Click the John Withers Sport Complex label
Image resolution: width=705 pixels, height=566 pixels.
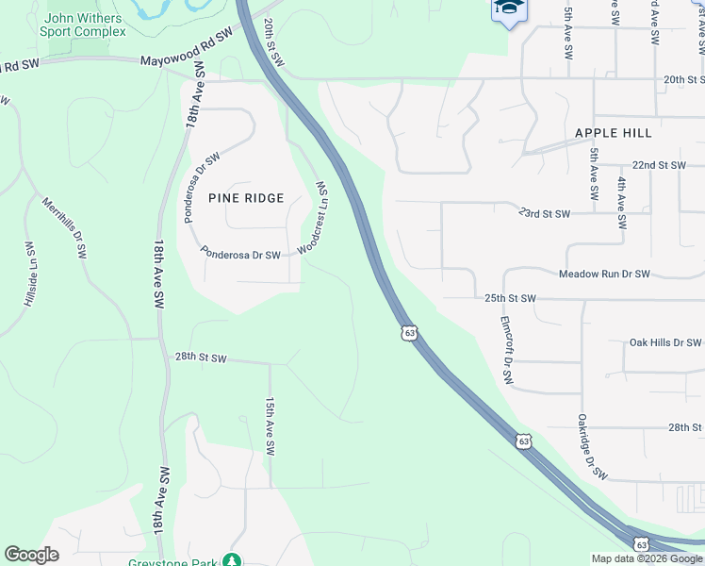pyautogui.click(x=83, y=25)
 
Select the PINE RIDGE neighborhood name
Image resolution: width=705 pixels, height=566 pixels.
pyautogui.click(x=245, y=198)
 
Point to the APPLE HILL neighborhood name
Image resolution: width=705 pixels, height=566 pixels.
pyautogui.click(x=614, y=133)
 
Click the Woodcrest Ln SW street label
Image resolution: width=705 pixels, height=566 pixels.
pyautogui.click(x=312, y=218)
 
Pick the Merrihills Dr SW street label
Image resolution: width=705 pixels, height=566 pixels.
pyautogui.click(x=64, y=227)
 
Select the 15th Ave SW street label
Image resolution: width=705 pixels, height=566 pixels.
pyautogui.click(x=270, y=426)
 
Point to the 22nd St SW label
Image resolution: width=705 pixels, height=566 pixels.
pyautogui.click(x=659, y=165)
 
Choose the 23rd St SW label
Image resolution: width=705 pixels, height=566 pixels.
pyautogui.click(x=545, y=214)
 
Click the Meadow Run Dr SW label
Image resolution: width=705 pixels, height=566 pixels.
pyautogui.click(x=604, y=275)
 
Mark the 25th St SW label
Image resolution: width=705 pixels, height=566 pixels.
pyautogui.click(x=510, y=299)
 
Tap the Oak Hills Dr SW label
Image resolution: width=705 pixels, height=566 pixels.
pyautogui.click(x=665, y=342)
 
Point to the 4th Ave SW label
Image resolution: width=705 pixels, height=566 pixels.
pyautogui.click(x=621, y=205)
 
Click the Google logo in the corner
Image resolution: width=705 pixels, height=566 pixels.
pyautogui.click(x=31, y=555)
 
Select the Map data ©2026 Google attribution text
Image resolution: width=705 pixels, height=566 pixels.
pyautogui.click(x=646, y=558)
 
